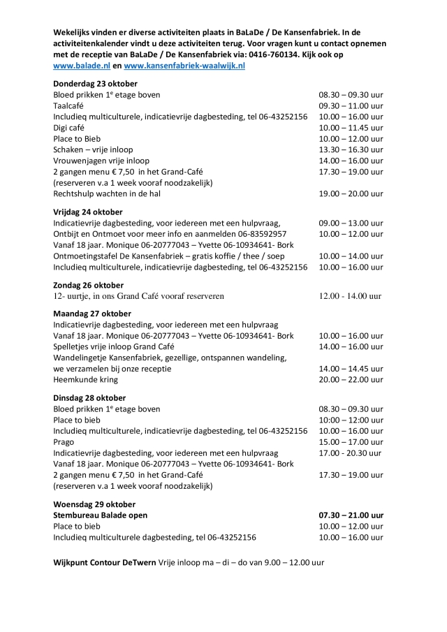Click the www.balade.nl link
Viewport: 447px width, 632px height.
tap(80, 66)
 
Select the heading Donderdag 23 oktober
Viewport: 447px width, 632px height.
tap(93, 82)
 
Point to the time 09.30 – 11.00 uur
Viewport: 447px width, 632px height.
tap(351, 105)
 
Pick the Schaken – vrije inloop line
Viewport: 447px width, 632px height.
tap(93, 149)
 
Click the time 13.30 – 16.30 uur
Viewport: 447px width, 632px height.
tap(351, 149)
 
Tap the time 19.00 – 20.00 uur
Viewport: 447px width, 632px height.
tap(351, 193)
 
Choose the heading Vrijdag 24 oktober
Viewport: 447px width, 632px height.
tap(88, 211)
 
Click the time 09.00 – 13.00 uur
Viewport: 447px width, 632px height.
tap(351, 222)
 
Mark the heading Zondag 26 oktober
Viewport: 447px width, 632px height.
tap(89, 284)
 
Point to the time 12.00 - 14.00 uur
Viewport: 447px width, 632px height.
tap(350, 295)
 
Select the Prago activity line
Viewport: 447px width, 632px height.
tap(64, 441)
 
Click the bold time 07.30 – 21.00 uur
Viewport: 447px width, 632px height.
tap(351, 515)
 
